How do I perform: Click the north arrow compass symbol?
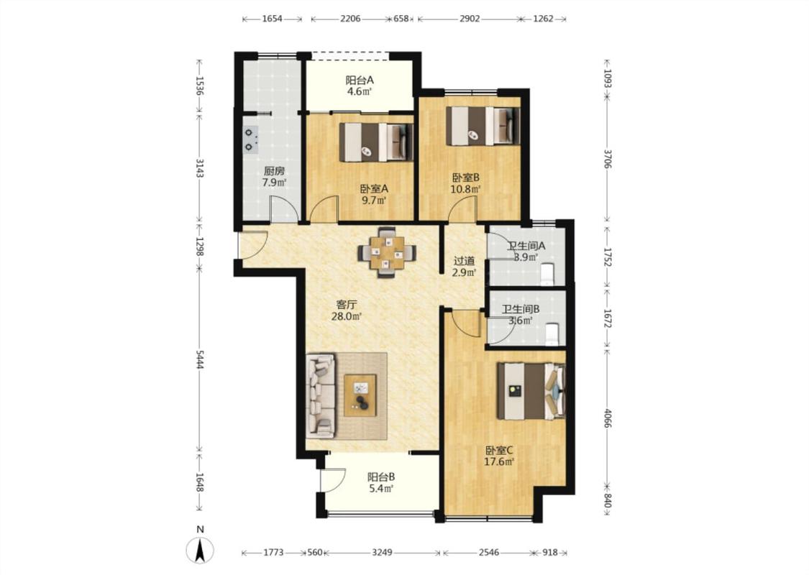point(200,550)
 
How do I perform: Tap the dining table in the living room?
point(386,252)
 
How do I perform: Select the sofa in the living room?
point(321,395)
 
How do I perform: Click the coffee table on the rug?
point(360,395)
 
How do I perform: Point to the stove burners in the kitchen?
point(251,139)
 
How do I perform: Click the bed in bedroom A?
point(376,142)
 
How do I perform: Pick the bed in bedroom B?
point(483,126)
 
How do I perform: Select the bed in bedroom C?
point(531,391)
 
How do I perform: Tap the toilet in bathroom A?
point(547,274)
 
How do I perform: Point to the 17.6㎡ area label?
point(499,461)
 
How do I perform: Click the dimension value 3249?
point(382,552)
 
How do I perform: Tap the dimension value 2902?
point(470,19)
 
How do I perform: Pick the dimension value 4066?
point(607,418)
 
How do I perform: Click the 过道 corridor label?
point(464,261)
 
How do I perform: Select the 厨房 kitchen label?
point(274,170)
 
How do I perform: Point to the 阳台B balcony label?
point(381,477)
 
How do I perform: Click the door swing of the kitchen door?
point(285,209)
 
